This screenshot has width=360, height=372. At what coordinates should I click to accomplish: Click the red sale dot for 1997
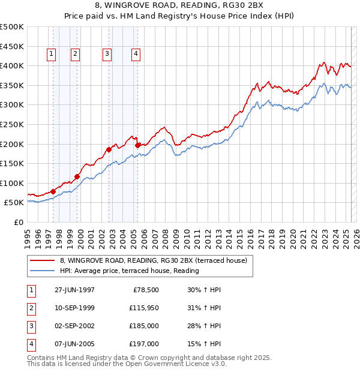click(53, 191)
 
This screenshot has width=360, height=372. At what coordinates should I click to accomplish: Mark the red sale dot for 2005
click(138, 145)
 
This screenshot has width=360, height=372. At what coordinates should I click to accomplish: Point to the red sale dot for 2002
click(109, 149)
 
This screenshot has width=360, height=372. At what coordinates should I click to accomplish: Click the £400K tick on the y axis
click(12, 65)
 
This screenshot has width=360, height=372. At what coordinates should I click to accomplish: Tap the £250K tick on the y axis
click(12, 124)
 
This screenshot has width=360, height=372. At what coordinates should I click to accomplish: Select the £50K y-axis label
click(14, 203)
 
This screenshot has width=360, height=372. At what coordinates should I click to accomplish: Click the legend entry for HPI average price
click(129, 271)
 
